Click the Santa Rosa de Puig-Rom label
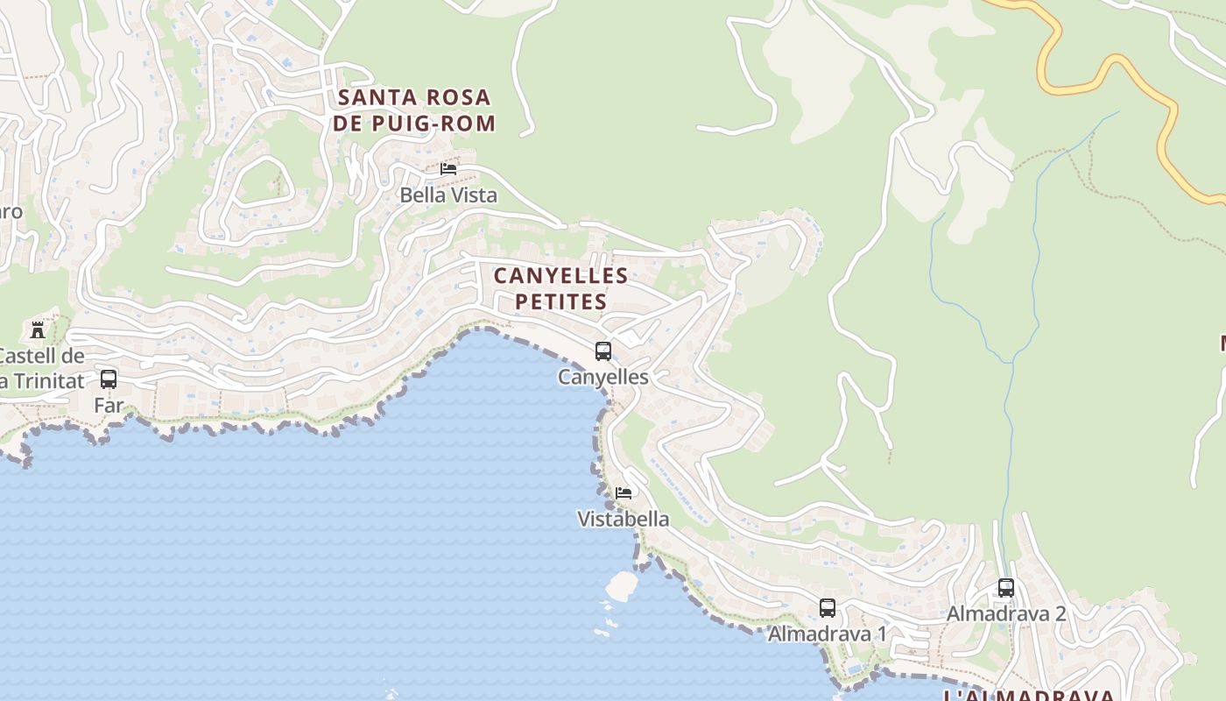pos(414,110)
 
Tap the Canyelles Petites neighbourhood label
pos(560,288)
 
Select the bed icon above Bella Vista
pos(448,168)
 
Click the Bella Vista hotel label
pos(448,195)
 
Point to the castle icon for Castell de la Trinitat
pos(38,330)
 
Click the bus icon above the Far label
pos(109,379)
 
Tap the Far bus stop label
pos(109,405)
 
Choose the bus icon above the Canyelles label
pos(603,351)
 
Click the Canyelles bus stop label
pos(603,377)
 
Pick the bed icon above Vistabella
pos(624,493)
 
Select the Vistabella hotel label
pos(624,519)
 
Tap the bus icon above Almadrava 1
pos(828,607)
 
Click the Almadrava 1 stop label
pos(828,634)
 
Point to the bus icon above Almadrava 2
pos(1006,588)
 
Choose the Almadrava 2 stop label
pos(1006,613)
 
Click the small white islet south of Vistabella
pos(621,586)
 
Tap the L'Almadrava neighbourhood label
pos(1028,695)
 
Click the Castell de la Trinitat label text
pos(42,368)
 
